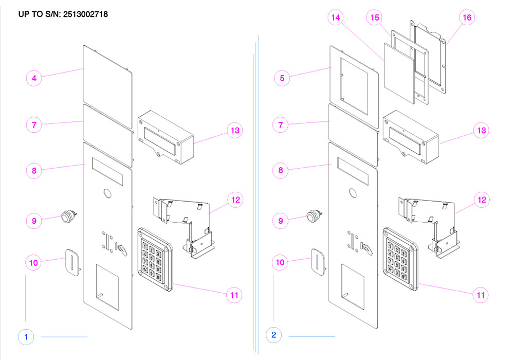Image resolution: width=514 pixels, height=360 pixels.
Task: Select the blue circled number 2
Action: click(x=273, y=335)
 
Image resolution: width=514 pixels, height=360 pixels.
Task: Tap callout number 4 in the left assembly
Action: click(x=34, y=78)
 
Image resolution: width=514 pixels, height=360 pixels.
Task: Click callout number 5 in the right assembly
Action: click(x=282, y=78)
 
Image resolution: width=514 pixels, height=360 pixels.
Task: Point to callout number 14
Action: click(x=336, y=17)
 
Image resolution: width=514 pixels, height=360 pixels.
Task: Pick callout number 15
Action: click(x=375, y=17)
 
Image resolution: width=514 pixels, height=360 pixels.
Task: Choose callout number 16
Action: click(x=467, y=17)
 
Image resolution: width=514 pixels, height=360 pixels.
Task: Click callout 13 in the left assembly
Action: click(x=235, y=130)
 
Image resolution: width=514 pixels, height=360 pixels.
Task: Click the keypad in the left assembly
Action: click(x=155, y=256)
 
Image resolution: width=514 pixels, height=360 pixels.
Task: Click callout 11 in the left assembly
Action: click(x=234, y=295)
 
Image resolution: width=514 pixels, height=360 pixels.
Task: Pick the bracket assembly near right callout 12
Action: click(x=427, y=221)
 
